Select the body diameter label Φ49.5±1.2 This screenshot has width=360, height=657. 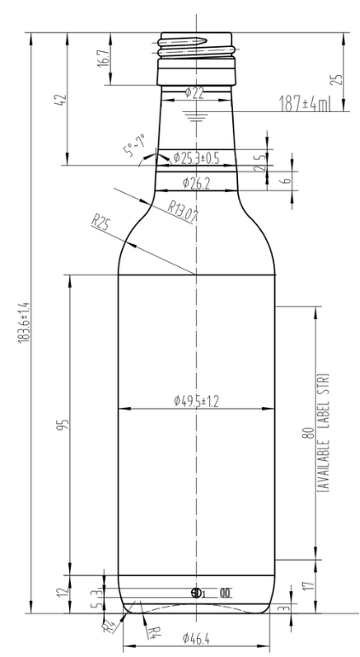195,401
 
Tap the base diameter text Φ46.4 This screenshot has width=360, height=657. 196,637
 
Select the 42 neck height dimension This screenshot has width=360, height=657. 59,100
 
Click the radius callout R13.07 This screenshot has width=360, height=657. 182,210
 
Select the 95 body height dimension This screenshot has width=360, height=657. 61,424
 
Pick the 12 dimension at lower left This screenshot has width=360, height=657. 60,592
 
